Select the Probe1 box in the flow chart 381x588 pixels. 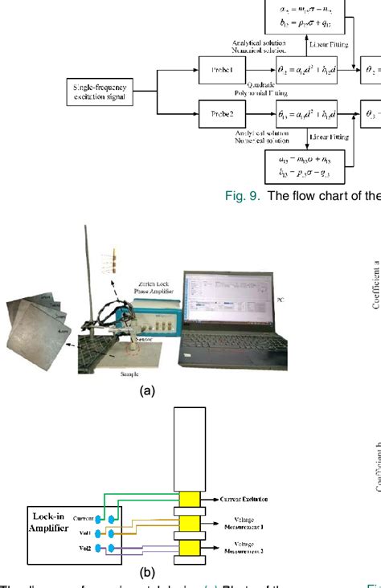tap(221, 70)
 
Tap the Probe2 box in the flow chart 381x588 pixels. tap(221, 113)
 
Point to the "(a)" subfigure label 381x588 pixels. tap(146, 390)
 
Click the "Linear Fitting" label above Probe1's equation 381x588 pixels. tap(325, 44)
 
